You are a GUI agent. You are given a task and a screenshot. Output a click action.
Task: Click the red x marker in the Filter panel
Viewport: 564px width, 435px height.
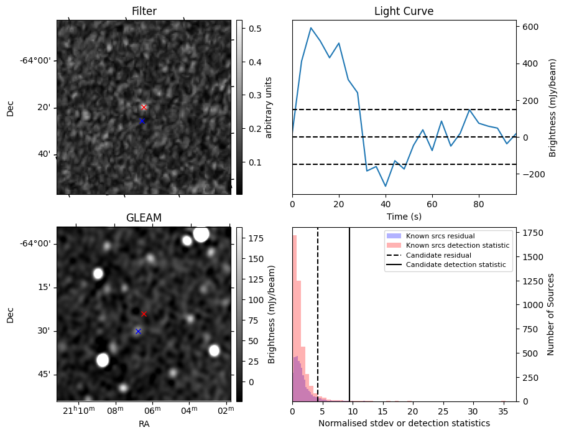(x=144, y=107)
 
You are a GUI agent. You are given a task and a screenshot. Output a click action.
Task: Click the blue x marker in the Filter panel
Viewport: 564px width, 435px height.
(x=142, y=121)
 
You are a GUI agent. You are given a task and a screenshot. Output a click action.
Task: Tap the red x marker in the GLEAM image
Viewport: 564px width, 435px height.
(x=144, y=314)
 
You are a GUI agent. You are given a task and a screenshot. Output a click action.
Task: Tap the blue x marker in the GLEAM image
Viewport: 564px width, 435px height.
(x=138, y=331)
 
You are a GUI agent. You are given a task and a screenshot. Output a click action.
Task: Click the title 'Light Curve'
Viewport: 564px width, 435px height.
(x=404, y=11)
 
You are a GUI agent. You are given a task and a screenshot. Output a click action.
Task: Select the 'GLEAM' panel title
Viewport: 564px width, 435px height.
(x=144, y=218)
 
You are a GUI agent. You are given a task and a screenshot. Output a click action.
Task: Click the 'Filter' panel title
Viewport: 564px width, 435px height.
(x=144, y=11)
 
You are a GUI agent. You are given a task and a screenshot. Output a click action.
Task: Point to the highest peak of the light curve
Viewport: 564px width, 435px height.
(x=311, y=28)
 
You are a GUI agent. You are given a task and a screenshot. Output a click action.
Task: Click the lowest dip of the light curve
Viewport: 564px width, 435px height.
(x=386, y=186)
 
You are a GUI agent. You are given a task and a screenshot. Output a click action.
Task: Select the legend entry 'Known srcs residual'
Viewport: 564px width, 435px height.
(x=440, y=236)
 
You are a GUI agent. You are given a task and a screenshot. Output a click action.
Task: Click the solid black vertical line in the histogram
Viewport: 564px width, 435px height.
(x=349, y=311)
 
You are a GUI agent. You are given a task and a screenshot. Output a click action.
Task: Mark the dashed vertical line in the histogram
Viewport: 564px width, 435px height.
(x=318, y=311)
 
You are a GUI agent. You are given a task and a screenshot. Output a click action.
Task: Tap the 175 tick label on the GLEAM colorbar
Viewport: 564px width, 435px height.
(x=256, y=238)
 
